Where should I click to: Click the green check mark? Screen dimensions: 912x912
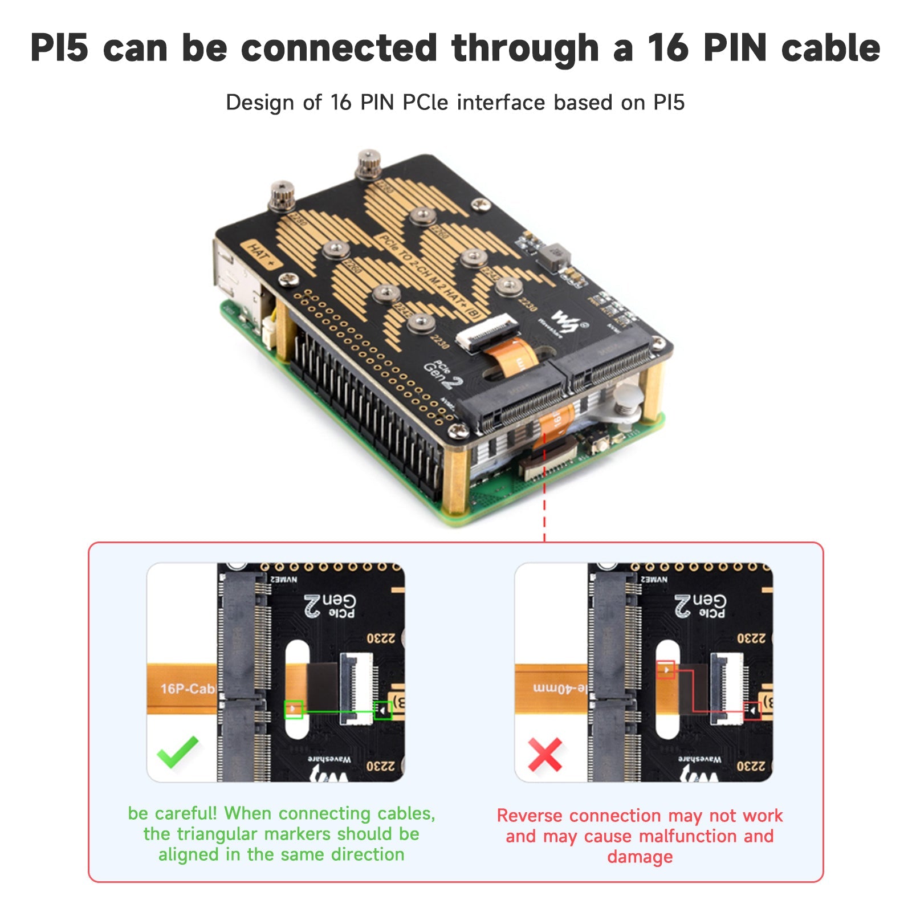(x=177, y=752)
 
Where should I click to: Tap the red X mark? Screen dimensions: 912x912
(x=545, y=754)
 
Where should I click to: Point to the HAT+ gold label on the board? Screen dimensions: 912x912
(x=261, y=255)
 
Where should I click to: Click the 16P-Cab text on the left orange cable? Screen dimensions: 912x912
(x=187, y=689)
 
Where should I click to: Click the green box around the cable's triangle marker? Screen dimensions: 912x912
(x=294, y=709)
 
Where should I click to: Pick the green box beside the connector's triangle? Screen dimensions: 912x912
(x=382, y=710)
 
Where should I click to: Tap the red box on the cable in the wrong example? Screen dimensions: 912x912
(x=665, y=669)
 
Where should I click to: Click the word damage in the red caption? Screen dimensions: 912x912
(x=640, y=857)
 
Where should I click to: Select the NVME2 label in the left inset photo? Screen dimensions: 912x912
(x=283, y=579)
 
